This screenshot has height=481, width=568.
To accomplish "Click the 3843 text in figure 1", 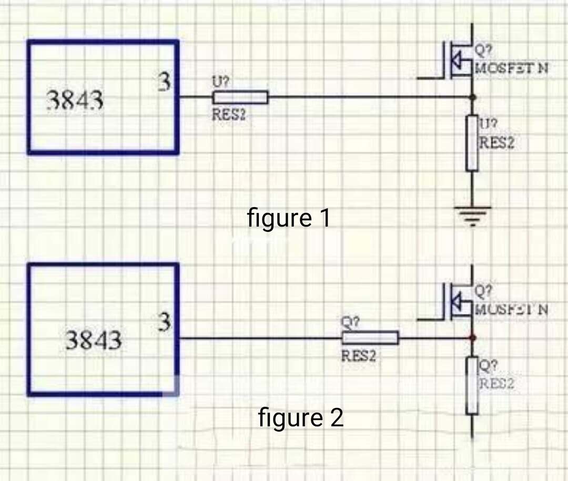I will click(75, 100).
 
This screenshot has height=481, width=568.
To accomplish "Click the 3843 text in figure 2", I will click(93, 341).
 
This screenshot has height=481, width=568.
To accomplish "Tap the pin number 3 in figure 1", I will click(165, 83).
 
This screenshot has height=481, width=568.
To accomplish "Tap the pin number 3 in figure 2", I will click(165, 322).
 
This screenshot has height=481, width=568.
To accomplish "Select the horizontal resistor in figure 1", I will click(240, 97).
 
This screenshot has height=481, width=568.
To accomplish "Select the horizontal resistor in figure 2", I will click(370, 338).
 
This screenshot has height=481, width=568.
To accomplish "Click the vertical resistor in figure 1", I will click(472, 143).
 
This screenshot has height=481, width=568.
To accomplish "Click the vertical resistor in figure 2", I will click(472, 385).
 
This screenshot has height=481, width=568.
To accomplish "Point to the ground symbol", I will click(472, 214).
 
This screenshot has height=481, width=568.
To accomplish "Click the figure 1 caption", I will click(289, 218).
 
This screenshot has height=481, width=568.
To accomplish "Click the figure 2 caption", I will click(300, 418).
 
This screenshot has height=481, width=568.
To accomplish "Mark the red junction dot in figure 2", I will click(472, 337).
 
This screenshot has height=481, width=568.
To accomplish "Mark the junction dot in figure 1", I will click(472, 97).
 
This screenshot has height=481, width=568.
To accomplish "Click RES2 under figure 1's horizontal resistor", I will click(229, 115).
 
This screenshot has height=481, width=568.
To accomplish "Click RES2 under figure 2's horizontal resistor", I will click(359, 356).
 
